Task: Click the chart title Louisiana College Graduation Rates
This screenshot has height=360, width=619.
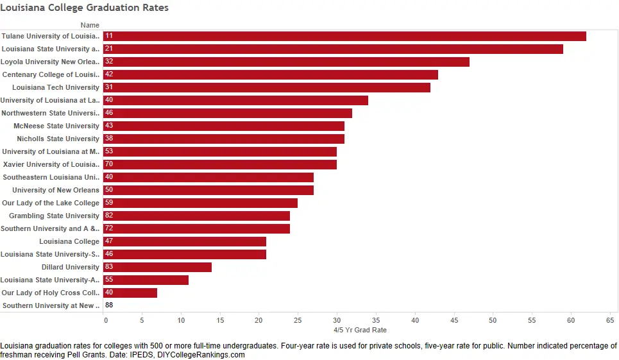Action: [x=84, y=8]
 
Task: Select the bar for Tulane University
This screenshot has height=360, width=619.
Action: [x=344, y=36]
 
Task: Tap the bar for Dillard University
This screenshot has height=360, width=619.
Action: [x=157, y=267]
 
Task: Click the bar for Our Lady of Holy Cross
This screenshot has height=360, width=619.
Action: [x=130, y=293]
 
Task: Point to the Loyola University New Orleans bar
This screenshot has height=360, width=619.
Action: [x=286, y=62]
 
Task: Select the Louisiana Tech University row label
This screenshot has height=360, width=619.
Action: [x=56, y=87]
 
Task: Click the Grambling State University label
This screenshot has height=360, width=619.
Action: [x=55, y=216]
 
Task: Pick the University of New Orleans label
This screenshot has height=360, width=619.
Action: [x=56, y=190]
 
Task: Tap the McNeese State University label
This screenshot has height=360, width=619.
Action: [x=56, y=126]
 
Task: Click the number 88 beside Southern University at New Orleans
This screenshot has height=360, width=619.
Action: [x=109, y=305]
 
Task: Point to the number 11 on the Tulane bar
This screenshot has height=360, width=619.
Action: [x=109, y=36]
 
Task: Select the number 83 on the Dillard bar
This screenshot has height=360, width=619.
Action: [x=109, y=267]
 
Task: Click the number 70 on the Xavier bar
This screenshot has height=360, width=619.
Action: [x=109, y=164]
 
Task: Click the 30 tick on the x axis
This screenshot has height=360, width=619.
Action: [x=337, y=320]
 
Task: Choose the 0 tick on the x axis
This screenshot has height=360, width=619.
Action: [x=106, y=320]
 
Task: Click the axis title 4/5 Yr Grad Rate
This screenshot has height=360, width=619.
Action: [x=360, y=330]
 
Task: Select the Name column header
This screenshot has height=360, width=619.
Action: [x=90, y=25]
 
